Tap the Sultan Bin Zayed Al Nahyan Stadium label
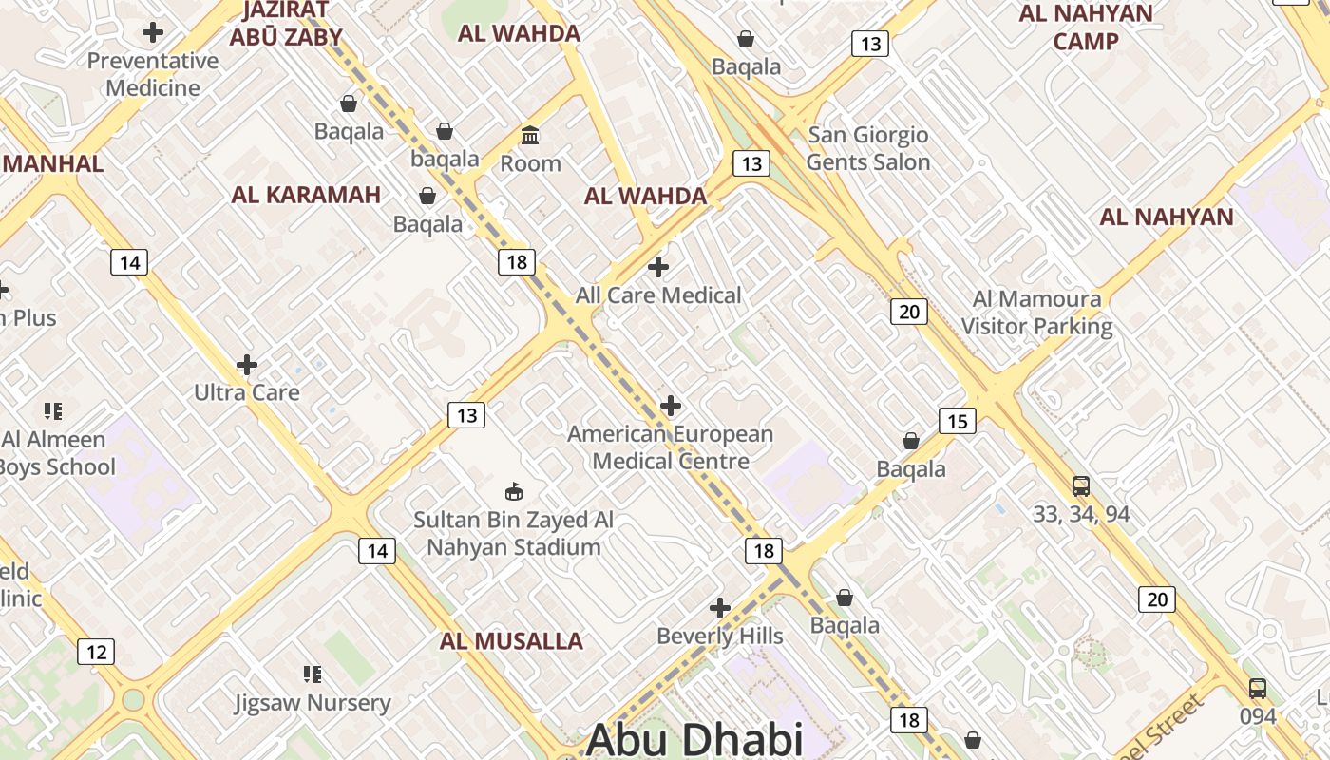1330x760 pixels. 513,534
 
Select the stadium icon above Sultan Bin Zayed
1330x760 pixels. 514,492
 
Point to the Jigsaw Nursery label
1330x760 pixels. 313,703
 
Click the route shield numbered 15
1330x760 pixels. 957,421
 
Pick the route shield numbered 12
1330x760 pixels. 96,652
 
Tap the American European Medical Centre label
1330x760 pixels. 671,447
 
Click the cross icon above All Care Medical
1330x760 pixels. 658,267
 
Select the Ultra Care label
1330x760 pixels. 247,392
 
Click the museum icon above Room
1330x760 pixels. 530,136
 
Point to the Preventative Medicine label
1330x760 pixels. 153,74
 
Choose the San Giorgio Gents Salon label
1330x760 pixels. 868,148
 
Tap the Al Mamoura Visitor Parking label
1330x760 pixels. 1036,313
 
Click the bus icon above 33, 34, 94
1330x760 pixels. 1081,486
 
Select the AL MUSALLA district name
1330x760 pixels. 511,641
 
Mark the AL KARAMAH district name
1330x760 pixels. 306,196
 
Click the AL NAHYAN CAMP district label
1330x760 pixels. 1086,28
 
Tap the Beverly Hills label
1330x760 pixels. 720,636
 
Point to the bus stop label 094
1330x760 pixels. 1258,716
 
